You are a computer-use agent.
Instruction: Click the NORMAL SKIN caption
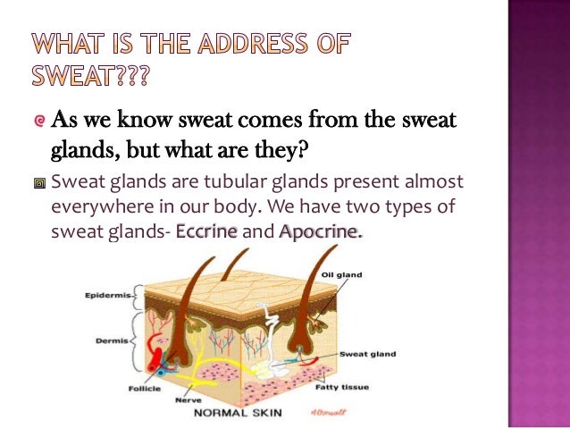237,413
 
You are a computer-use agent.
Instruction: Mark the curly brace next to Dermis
136,340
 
